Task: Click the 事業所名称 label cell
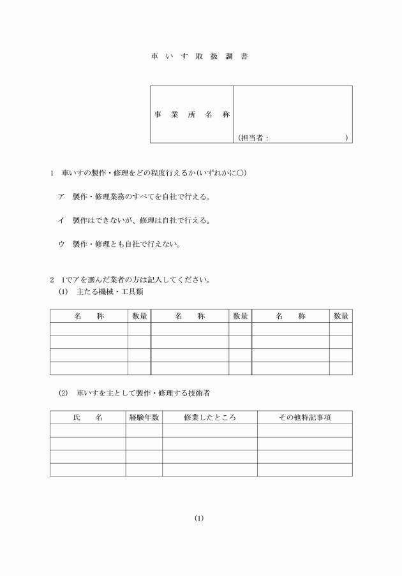pyautogui.click(x=191, y=115)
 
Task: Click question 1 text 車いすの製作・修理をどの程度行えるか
pyautogui.click(x=153, y=173)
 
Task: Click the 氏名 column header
pyautogui.click(x=87, y=417)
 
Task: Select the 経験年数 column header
pyautogui.click(x=144, y=417)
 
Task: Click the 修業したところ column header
pyautogui.click(x=209, y=417)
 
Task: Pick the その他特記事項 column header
pyautogui.click(x=304, y=417)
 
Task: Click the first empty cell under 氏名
pyautogui.click(x=87, y=431)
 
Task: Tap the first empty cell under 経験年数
pyautogui.click(x=144, y=431)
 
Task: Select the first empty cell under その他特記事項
pyautogui.click(x=304, y=431)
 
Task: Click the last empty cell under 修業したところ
pyautogui.click(x=209, y=469)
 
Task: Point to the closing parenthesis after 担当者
pyautogui.click(x=346, y=137)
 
